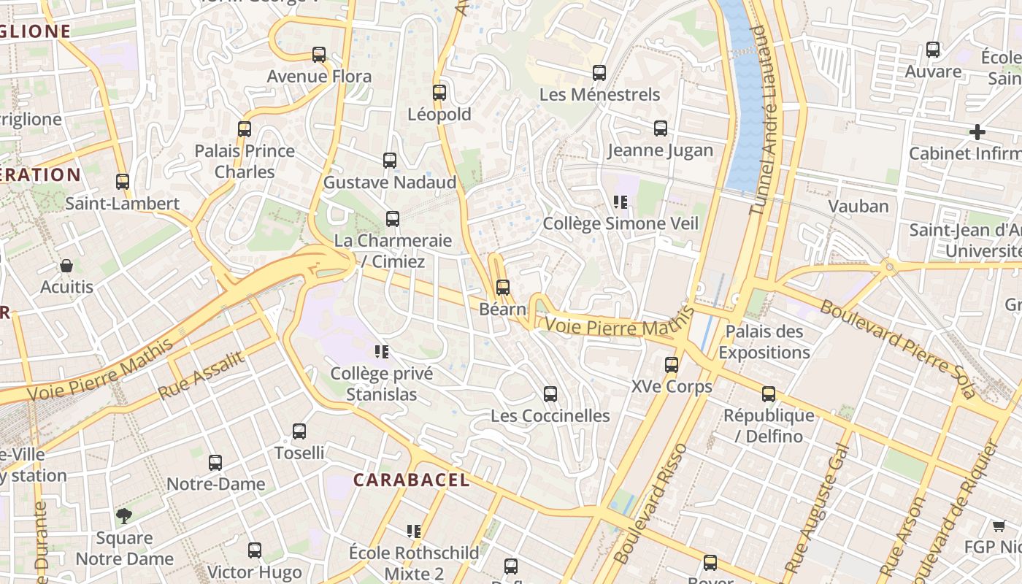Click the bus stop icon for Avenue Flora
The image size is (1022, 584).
(319, 55)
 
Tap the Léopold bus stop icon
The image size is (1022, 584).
(439, 93)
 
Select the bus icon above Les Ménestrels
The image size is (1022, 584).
(599, 73)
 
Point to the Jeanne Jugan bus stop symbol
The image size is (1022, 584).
(661, 128)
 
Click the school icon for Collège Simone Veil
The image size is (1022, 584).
(620, 202)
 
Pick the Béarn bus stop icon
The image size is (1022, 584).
(502, 288)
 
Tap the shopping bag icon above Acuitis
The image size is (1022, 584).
(66, 266)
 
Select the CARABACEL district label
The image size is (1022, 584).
(412, 480)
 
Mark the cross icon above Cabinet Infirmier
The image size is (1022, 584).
(977, 132)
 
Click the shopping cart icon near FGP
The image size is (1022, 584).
(999, 526)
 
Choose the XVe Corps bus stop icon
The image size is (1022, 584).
(672, 365)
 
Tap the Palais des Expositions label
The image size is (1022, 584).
(764, 342)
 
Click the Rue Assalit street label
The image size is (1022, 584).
(201, 374)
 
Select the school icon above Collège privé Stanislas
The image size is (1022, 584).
(381, 352)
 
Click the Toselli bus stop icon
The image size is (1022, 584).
(299, 431)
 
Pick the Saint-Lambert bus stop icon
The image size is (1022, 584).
(123, 182)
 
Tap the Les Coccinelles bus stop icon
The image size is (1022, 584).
(550, 394)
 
